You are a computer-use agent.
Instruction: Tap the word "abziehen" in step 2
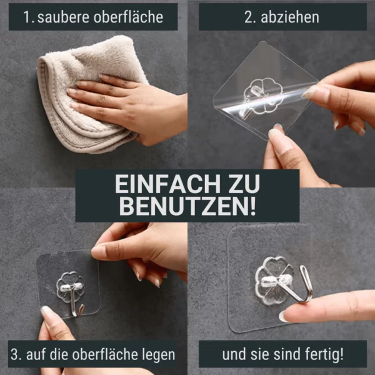click(x=290, y=17)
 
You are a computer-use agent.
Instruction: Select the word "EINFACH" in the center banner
click(x=167, y=184)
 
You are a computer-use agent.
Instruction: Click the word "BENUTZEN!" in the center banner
click(x=187, y=206)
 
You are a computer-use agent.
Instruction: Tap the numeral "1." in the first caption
click(x=29, y=17)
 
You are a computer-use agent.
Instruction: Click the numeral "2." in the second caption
click(x=250, y=17)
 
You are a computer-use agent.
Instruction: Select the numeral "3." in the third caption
click(x=16, y=354)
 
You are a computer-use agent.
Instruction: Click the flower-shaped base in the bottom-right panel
click(x=272, y=280)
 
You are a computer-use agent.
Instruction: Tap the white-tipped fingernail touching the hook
click(x=284, y=316)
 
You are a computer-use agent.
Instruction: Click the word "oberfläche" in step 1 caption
click(x=128, y=17)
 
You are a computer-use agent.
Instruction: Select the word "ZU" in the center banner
click(x=244, y=184)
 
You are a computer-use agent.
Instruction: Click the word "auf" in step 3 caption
click(x=36, y=354)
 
